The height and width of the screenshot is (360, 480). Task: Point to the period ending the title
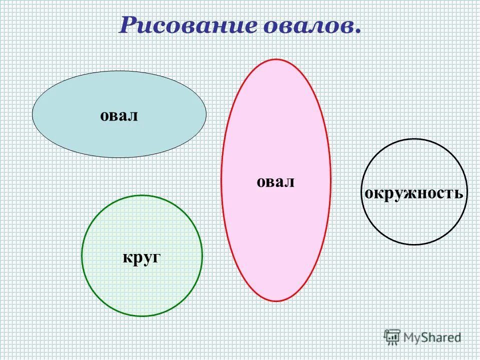(357, 32)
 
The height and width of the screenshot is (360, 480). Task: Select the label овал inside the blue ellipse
(119, 116)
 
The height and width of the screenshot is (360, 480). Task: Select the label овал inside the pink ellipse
(275, 182)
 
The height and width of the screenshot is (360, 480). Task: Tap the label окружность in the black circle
(414, 193)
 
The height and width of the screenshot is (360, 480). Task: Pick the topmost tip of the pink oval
(275, 59)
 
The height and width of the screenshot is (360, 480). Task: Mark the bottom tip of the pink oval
(276, 301)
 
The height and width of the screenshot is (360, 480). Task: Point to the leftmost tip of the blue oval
(32, 114)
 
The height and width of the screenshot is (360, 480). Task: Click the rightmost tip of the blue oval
(206, 114)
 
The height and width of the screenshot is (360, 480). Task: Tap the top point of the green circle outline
(142, 195)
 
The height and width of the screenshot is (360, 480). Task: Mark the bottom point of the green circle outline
(142, 316)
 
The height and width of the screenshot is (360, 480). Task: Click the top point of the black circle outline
(414, 139)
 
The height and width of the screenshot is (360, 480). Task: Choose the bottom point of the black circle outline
(414, 244)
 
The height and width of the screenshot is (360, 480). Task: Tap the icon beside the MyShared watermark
(392, 337)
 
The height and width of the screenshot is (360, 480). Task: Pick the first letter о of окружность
(368, 193)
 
